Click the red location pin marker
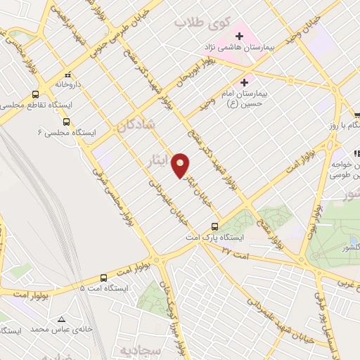point(181,165)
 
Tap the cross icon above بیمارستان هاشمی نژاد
point(240,34)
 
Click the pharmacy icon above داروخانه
point(67,75)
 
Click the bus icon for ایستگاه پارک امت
point(215,227)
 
